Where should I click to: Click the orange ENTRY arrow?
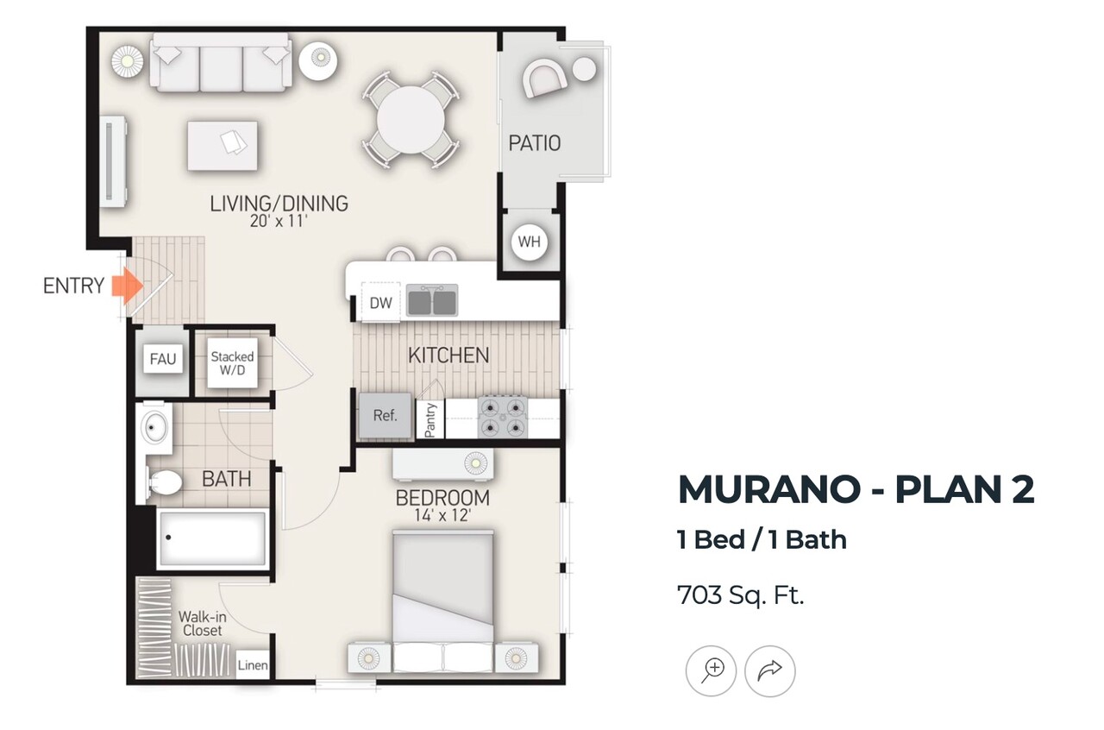(128, 286)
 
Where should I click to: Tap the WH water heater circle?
(530, 242)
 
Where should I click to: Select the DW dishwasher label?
(381, 303)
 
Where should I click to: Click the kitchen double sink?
(432, 300)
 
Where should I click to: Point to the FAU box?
(163, 359)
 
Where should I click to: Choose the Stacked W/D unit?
(232, 363)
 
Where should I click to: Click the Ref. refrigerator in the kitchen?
(385, 416)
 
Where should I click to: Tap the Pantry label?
(430, 419)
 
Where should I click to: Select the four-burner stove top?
(502, 418)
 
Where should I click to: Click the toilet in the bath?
(164, 481)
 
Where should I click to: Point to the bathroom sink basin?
(154, 427)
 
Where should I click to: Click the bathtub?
(212, 538)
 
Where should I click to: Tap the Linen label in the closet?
(253, 665)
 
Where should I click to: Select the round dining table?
(411, 120)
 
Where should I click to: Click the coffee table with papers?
(223, 146)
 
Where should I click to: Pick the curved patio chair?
(544, 79)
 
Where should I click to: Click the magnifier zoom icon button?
(711, 670)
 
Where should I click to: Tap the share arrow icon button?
(770, 670)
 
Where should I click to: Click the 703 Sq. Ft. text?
(741, 595)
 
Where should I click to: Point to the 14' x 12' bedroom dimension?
(443, 515)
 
